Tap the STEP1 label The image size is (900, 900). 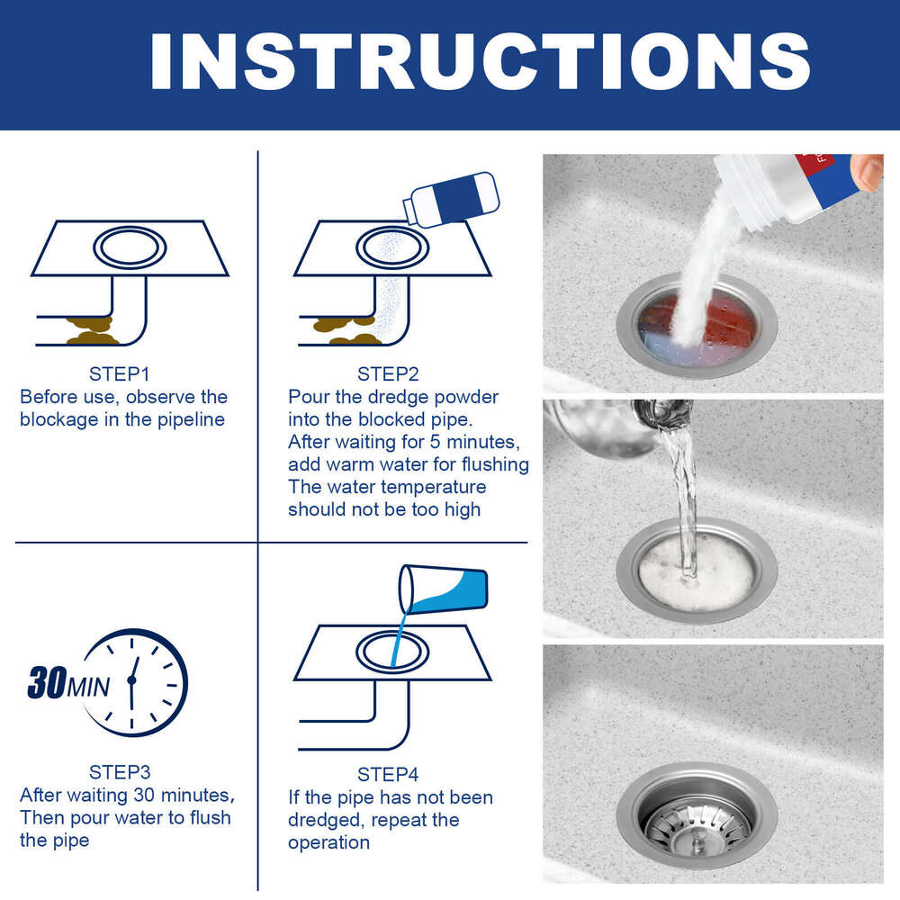123,374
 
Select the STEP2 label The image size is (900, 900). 388,374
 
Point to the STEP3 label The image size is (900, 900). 123,772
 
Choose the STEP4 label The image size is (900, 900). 388,774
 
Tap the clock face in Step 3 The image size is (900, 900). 135,681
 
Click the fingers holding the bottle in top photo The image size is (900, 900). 868,171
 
